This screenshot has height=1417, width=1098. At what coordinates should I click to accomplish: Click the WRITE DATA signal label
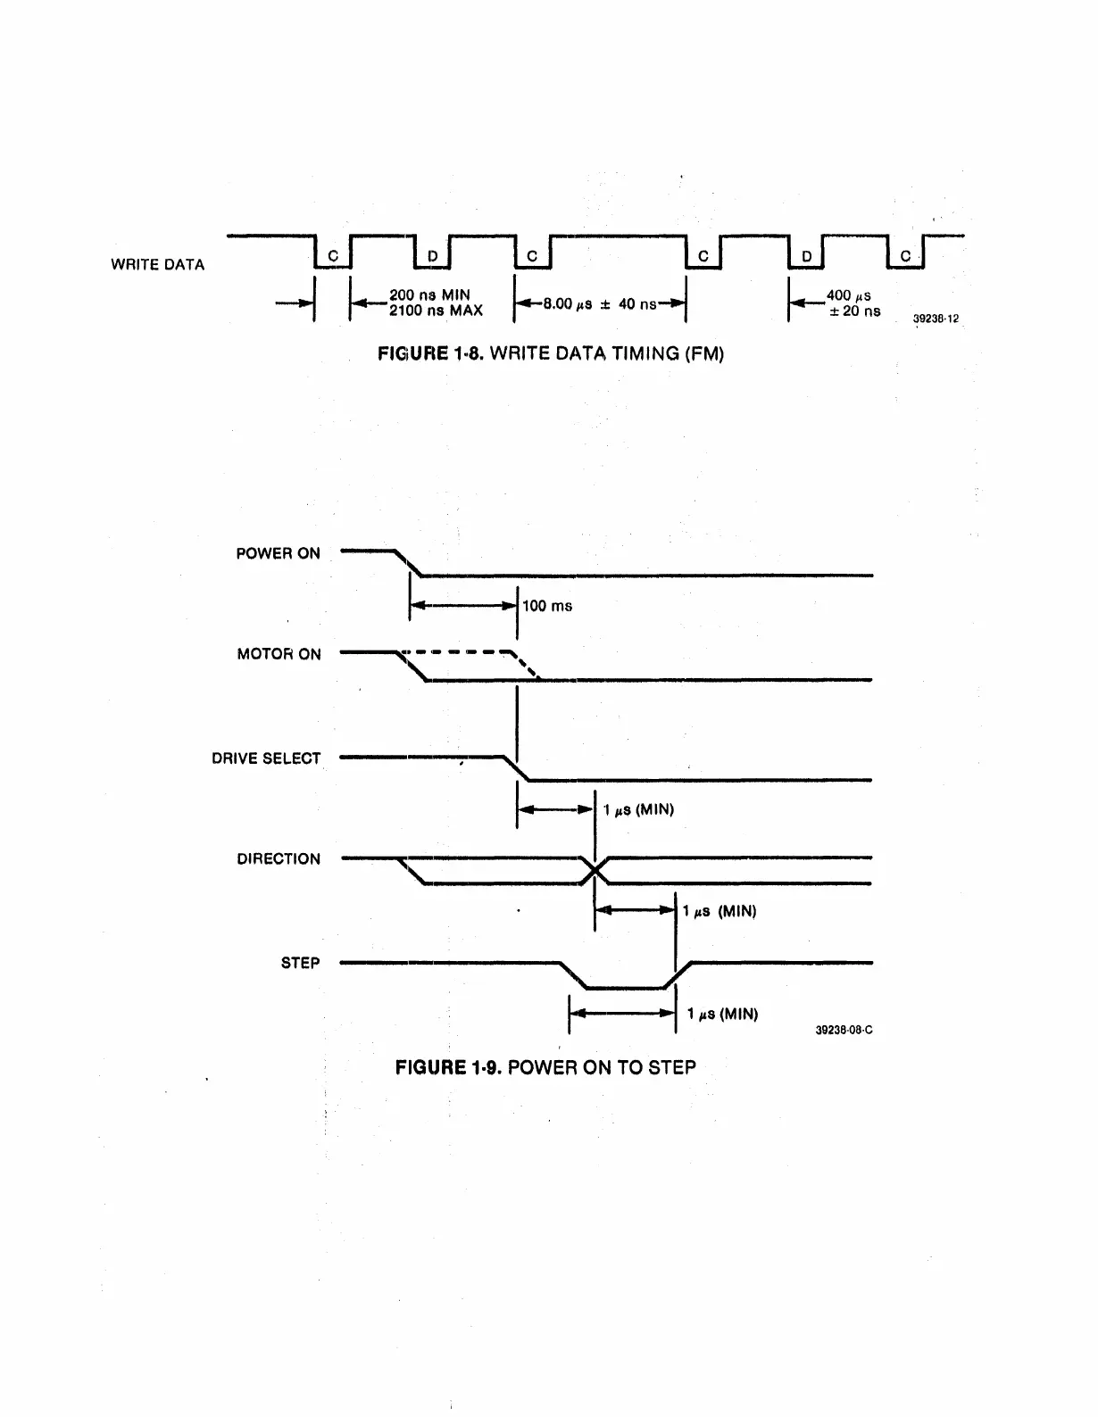pos(157,264)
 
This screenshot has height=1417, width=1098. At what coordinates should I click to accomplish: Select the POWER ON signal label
pos(278,553)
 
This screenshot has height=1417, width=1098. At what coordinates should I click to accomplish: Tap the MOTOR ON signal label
pos(279,654)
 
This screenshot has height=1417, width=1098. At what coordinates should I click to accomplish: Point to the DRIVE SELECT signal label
pos(266,758)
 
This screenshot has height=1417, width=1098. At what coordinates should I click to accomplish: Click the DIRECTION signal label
pos(279,859)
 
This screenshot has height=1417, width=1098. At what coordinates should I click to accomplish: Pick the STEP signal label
pos(300,963)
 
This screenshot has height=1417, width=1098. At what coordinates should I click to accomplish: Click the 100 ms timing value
pos(547,606)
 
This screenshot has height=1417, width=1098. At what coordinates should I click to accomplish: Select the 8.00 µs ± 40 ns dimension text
pos(600,304)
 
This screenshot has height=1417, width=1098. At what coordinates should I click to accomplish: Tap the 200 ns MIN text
pos(429,295)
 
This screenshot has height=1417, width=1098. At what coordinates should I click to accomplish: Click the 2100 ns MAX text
pos(436,311)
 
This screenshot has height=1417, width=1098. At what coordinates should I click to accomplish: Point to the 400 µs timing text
pos(849,295)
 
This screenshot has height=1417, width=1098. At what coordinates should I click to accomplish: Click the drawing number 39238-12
pos(936,319)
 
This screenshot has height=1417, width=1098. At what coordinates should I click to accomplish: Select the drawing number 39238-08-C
pos(844,1030)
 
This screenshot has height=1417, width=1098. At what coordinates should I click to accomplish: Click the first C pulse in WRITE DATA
pos(333,256)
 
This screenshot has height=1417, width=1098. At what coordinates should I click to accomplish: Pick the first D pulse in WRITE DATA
pos(433,257)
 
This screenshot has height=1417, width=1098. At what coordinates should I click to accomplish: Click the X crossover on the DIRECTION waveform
pos(595,870)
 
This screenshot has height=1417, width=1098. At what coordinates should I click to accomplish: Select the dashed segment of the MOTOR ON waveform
pos(464,651)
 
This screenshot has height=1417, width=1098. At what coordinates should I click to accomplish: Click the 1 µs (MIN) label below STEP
pos(723,1014)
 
